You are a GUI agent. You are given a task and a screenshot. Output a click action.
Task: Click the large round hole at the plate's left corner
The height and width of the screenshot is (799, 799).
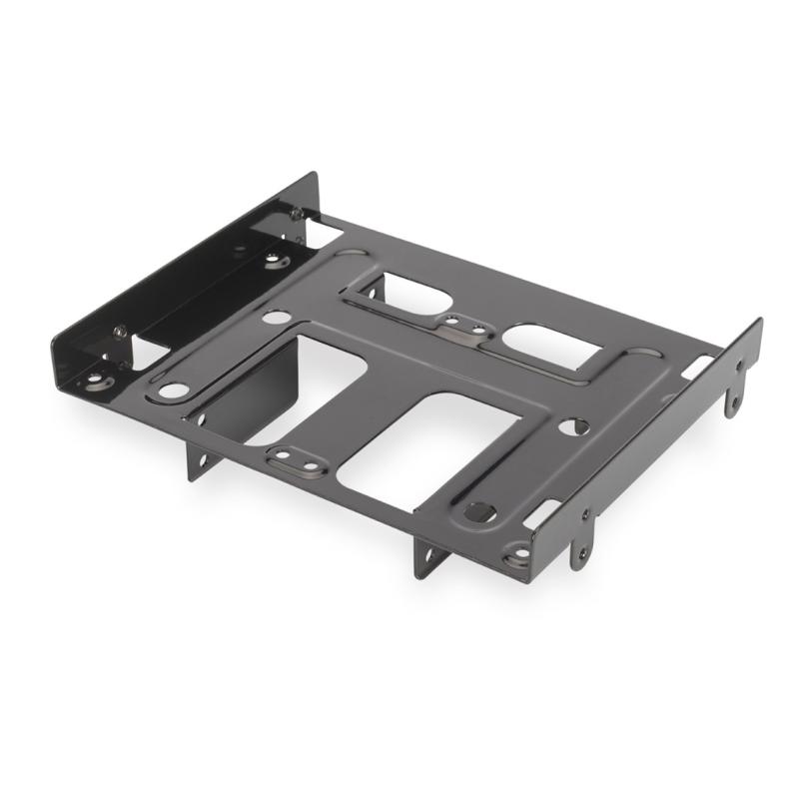pos(173,391)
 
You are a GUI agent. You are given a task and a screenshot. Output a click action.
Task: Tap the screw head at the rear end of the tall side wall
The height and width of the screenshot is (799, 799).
pos(297,213)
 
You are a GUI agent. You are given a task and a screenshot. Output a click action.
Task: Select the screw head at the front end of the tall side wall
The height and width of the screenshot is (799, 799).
pos(120,332)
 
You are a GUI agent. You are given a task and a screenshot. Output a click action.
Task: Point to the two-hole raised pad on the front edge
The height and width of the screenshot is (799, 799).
pos(297,460)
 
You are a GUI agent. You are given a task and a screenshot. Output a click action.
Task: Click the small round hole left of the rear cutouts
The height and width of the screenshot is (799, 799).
pos(277,317)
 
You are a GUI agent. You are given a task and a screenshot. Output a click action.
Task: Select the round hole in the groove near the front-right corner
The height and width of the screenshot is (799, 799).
pos(479,512)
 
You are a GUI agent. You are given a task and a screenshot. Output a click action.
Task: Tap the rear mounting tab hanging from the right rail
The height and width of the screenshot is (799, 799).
pos(734,393)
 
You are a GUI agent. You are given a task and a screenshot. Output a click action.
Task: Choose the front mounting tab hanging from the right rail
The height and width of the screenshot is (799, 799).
pos(579,545)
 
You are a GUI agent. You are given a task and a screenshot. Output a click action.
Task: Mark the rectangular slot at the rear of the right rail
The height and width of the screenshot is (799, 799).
pos(698,366)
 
